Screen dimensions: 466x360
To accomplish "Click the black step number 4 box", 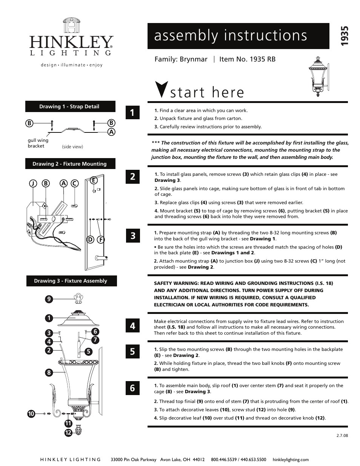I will coord(132,326).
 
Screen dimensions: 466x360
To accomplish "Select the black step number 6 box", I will coord(132,388).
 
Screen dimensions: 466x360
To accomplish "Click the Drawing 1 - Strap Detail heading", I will coord(69,107).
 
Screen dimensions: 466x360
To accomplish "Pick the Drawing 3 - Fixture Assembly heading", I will coord(71,281).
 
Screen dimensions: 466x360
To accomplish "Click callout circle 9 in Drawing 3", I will coord(49,299).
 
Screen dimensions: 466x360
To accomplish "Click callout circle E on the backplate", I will coord(94,180).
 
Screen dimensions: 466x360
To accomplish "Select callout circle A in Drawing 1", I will coord(111,132).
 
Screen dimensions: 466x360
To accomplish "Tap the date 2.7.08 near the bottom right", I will coord(342,435).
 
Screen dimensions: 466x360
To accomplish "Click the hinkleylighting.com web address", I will coord(291,460).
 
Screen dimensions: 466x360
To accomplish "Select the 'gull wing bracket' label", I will coord(38,143).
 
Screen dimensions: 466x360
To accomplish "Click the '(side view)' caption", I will coord(72,147).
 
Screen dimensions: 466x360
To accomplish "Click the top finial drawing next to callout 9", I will coord(78,299).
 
